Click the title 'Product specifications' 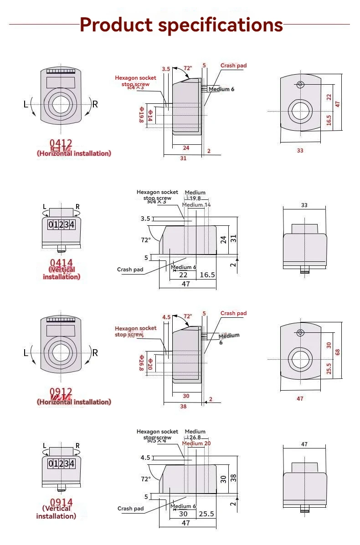coord(181,25)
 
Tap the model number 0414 coord(61,263)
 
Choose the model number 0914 coord(61,503)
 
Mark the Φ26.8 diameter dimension coord(142,363)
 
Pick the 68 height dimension coord(337,352)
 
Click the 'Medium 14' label coord(196,205)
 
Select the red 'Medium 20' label coord(196,443)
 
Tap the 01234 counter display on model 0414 coord(61,225)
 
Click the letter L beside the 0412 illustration coord(26,104)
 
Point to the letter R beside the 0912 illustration coord(95,352)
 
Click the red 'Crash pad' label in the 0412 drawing coord(233,66)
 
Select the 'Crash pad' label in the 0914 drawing coord(130,509)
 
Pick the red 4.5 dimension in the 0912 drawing coord(166,317)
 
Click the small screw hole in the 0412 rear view coord(300,85)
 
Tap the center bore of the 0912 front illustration coord(61,354)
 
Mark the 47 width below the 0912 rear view coord(300,398)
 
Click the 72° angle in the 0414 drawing coord(146,239)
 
